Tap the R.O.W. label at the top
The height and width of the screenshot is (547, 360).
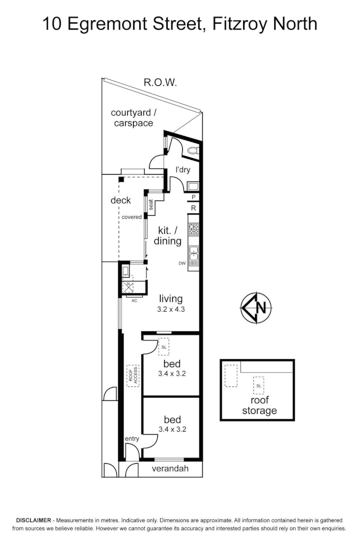tap(161, 83)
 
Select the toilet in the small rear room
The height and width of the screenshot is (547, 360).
tap(194, 151)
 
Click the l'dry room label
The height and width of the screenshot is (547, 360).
tap(183, 170)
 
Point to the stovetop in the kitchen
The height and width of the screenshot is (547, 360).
tap(194, 229)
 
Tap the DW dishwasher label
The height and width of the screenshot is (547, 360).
tap(182, 263)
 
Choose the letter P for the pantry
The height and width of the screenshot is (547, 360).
tap(193, 197)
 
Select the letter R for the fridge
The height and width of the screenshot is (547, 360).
tap(193, 208)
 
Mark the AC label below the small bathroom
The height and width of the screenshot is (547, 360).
tap(134, 300)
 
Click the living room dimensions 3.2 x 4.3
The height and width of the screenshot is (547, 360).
tap(171, 309)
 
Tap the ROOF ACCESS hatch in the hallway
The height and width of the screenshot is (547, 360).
tap(132, 376)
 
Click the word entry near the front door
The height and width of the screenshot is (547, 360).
tap(132, 439)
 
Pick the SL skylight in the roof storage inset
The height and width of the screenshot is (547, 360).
tap(258, 385)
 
